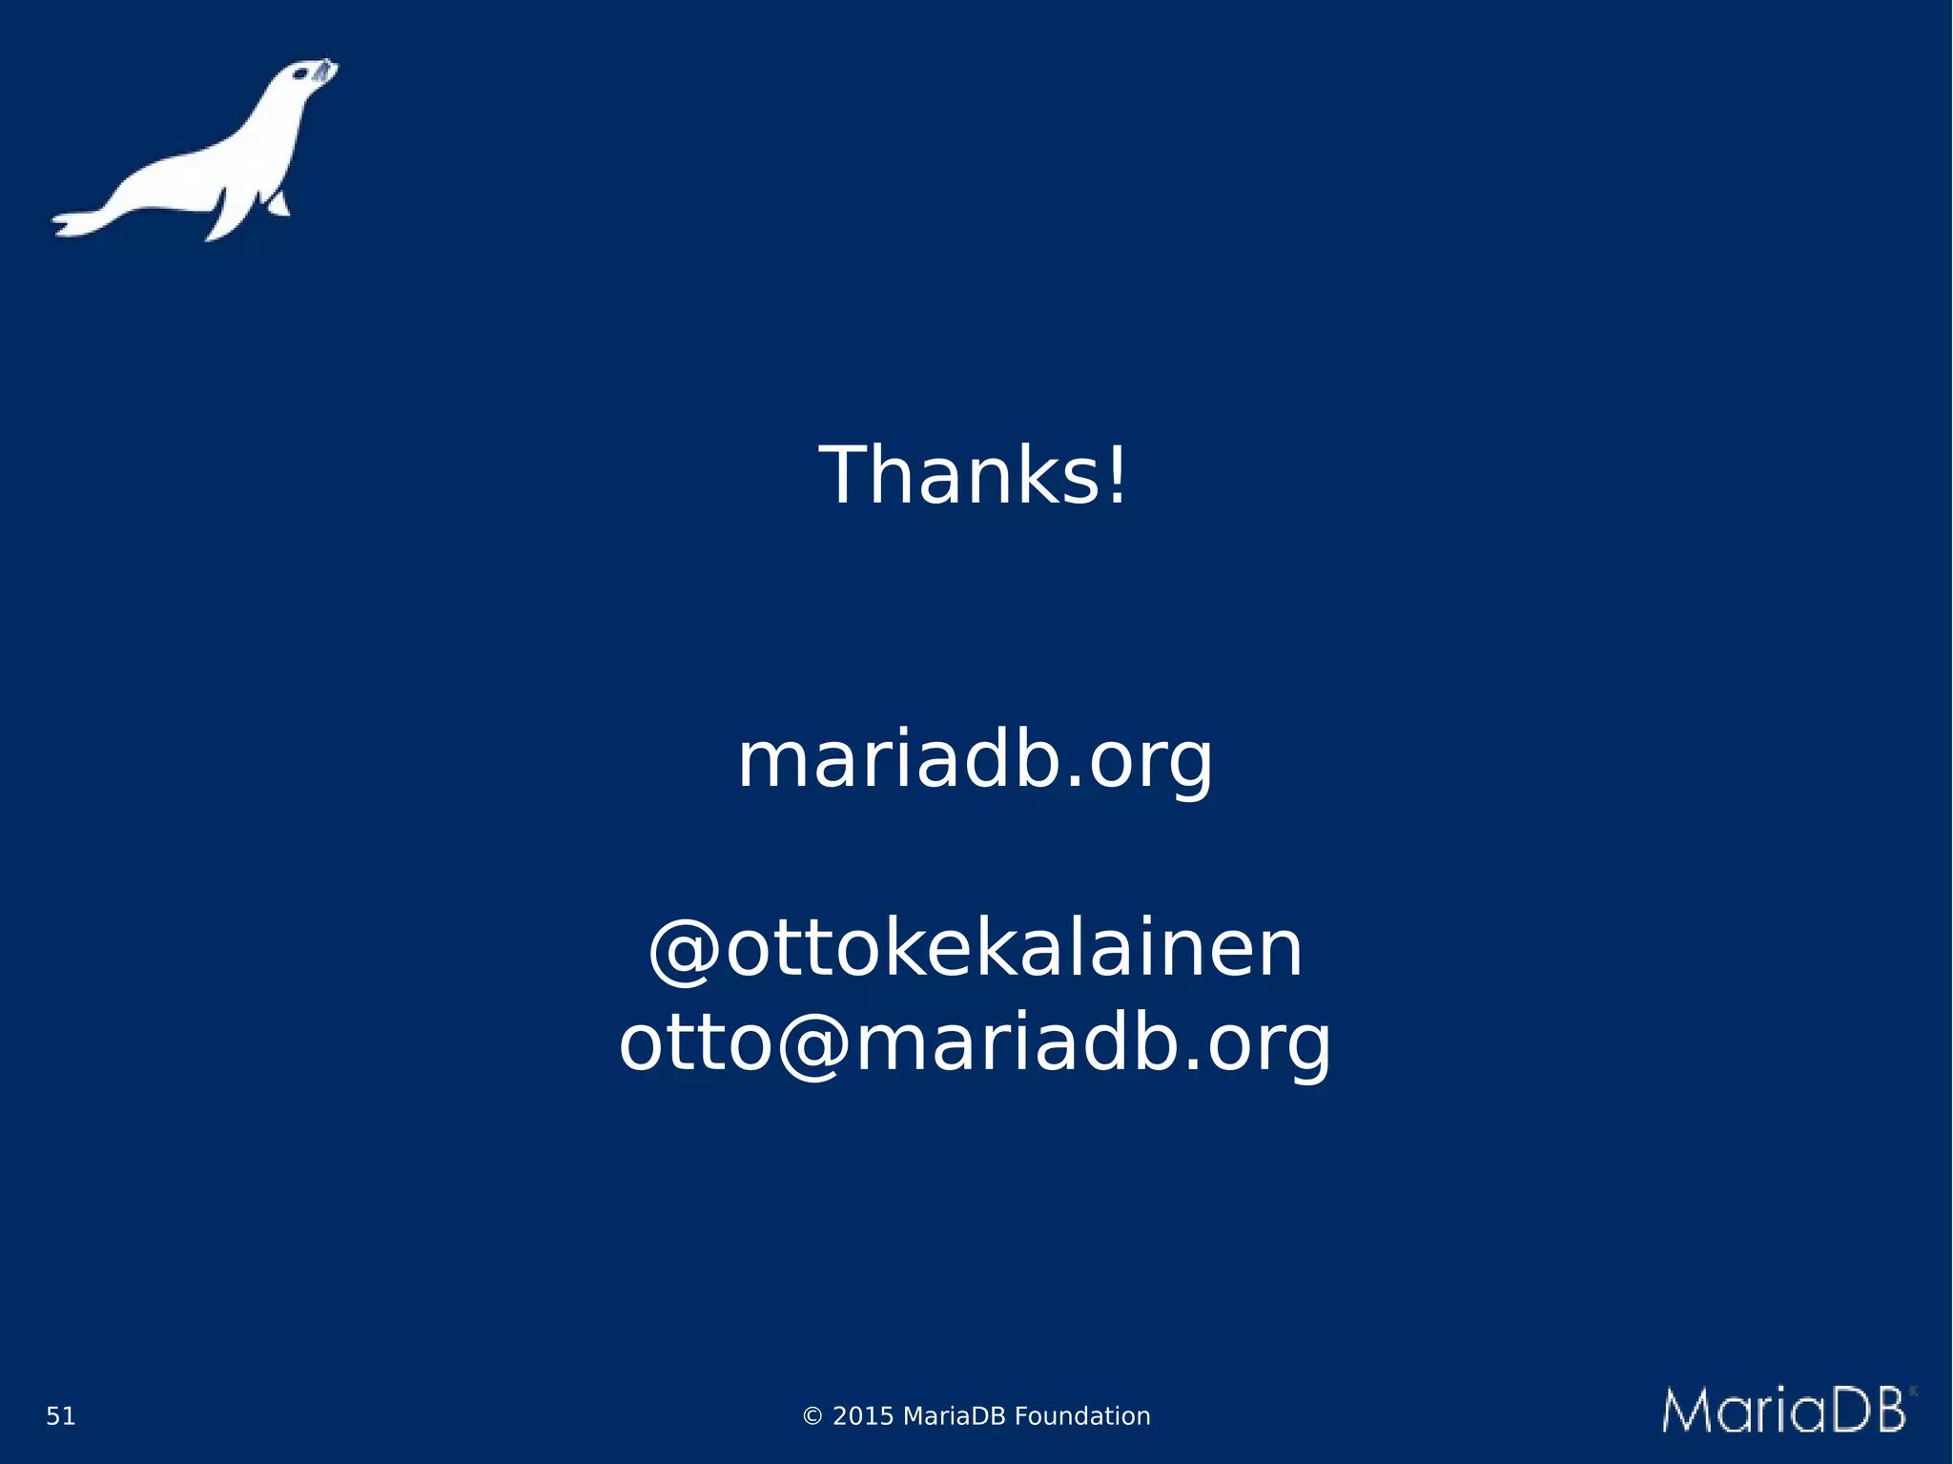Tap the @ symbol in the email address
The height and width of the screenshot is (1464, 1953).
813,1044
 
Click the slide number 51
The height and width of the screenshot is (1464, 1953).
61,1416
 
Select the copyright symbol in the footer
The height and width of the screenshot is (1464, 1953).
812,1416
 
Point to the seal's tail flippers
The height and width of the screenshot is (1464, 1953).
76,221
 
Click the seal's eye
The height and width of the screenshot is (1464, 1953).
298,74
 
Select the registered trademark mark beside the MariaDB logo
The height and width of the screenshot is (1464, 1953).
1912,1392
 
